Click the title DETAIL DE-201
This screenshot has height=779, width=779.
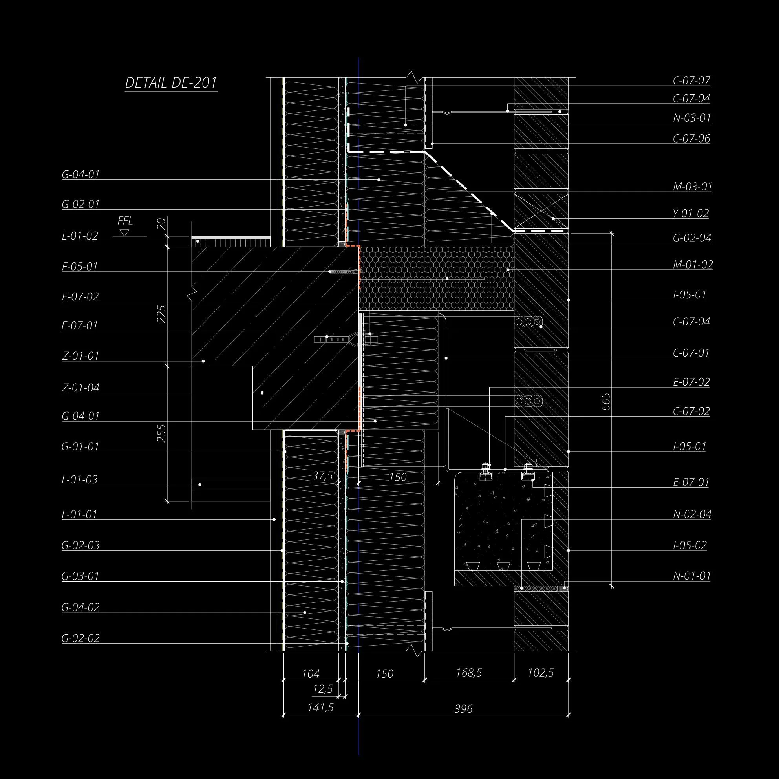[x=171, y=83]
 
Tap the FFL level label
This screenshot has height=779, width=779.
[x=125, y=221]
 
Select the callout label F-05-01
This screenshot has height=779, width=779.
[x=80, y=267]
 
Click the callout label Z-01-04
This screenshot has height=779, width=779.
[x=80, y=388]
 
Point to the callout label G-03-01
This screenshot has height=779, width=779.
[x=80, y=576]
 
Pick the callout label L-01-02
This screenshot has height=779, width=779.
[x=80, y=236]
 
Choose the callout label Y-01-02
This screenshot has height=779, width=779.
[x=691, y=213]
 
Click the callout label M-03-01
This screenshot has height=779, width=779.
[x=692, y=187]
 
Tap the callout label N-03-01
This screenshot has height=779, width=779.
[x=691, y=118]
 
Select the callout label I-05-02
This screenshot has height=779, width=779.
[x=690, y=545]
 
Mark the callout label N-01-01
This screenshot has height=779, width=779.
[x=691, y=576]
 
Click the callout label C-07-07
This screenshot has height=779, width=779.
[x=691, y=80]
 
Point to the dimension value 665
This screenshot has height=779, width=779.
[x=605, y=402]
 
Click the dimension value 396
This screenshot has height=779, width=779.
[x=463, y=709]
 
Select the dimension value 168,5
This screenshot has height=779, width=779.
[x=469, y=673]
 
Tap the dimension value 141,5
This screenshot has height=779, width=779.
[x=320, y=708]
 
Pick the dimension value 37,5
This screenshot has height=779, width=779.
[x=323, y=476]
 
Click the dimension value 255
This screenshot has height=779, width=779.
[x=162, y=433]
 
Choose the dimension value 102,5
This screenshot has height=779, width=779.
[x=541, y=673]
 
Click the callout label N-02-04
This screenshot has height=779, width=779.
[x=692, y=514]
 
